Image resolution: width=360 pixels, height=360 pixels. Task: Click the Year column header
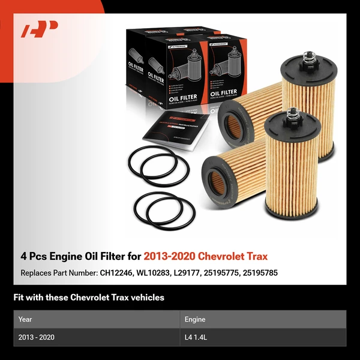tap(25, 319)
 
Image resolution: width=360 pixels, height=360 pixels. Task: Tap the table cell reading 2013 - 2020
tap(37, 337)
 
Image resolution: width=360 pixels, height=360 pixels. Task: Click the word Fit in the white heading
tap(19, 297)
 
